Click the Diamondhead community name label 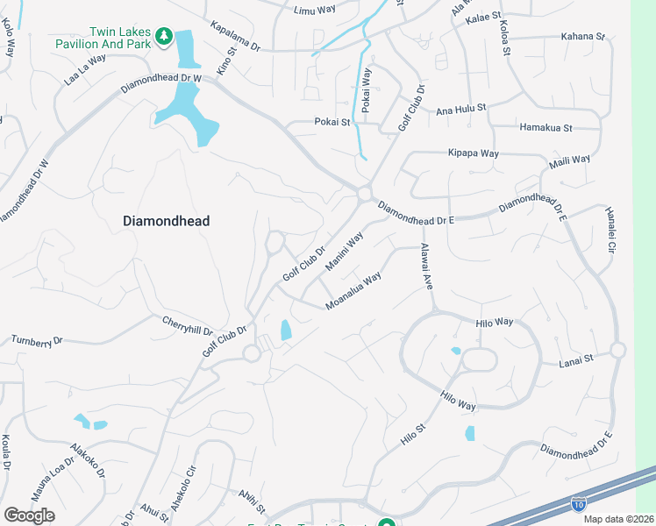click(x=166, y=222)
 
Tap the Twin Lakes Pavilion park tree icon click(x=162, y=35)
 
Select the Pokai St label click(x=332, y=123)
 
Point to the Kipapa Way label click(x=473, y=153)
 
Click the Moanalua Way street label click(x=353, y=290)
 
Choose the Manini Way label click(x=344, y=252)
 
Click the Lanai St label click(x=576, y=359)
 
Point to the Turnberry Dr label click(x=38, y=339)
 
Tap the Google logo click(x=29, y=515)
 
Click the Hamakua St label click(x=545, y=128)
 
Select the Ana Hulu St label click(x=461, y=110)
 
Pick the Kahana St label click(x=583, y=37)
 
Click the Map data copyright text click(x=617, y=519)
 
